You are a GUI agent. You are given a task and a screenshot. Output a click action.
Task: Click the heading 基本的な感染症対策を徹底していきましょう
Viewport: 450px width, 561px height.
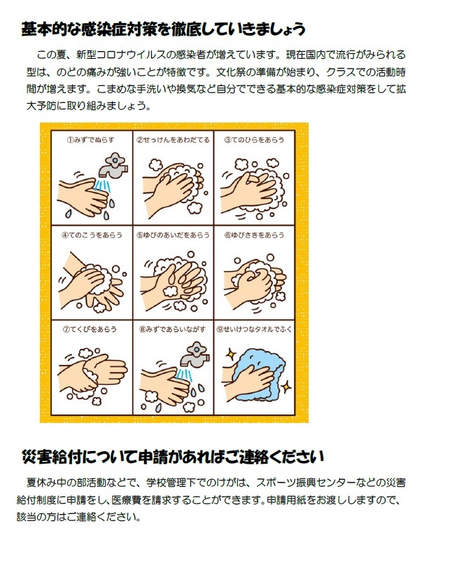tap(163, 29)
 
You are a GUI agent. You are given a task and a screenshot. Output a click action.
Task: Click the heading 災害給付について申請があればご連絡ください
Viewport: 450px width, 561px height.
tap(173, 457)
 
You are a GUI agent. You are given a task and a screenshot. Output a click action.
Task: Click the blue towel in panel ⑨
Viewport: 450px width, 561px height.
tap(261, 374)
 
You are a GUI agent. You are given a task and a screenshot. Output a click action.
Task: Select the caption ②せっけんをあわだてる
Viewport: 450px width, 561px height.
tap(173, 140)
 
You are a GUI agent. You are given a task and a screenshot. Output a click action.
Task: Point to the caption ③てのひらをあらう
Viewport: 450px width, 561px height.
tap(254, 140)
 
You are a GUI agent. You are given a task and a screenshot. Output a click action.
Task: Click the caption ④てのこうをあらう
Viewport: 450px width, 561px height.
tap(92, 235)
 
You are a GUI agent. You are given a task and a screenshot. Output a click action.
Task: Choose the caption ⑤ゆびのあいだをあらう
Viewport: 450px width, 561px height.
tap(173, 235)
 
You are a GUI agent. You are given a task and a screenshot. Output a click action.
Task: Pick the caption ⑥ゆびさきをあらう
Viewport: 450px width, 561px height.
tap(254, 235)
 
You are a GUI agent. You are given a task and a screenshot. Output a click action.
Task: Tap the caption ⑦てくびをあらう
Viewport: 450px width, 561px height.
tap(90, 329)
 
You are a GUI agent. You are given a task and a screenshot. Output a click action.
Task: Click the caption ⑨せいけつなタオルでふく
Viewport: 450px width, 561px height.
tap(254, 329)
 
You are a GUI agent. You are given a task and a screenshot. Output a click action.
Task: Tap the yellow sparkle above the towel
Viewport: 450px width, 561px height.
tap(231, 354)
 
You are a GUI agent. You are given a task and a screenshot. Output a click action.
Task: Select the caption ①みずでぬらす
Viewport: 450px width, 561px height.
tap(90, 140)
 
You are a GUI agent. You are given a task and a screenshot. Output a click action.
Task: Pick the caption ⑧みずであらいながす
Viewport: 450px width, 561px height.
tap(173, 329)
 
